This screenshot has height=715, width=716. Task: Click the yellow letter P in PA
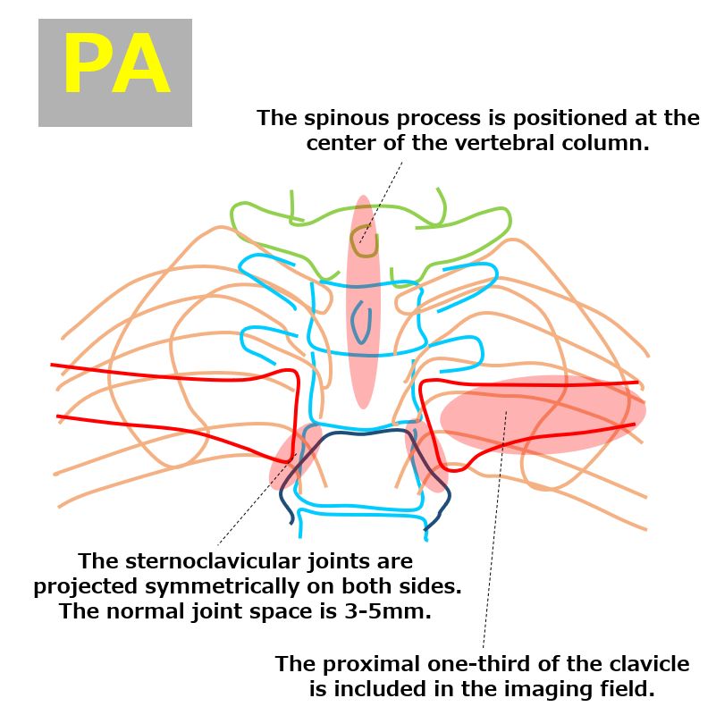pos(87,63)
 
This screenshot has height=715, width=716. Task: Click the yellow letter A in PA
pos(140,63)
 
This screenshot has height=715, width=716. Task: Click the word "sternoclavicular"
pos(214,561)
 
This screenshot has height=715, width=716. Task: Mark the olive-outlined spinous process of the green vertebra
pos(365,240)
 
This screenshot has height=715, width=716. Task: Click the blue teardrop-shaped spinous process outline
pos(361,322)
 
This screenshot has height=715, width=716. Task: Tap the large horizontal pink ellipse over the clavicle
pos(543,415)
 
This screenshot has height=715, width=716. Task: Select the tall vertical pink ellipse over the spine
pos(364,302)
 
